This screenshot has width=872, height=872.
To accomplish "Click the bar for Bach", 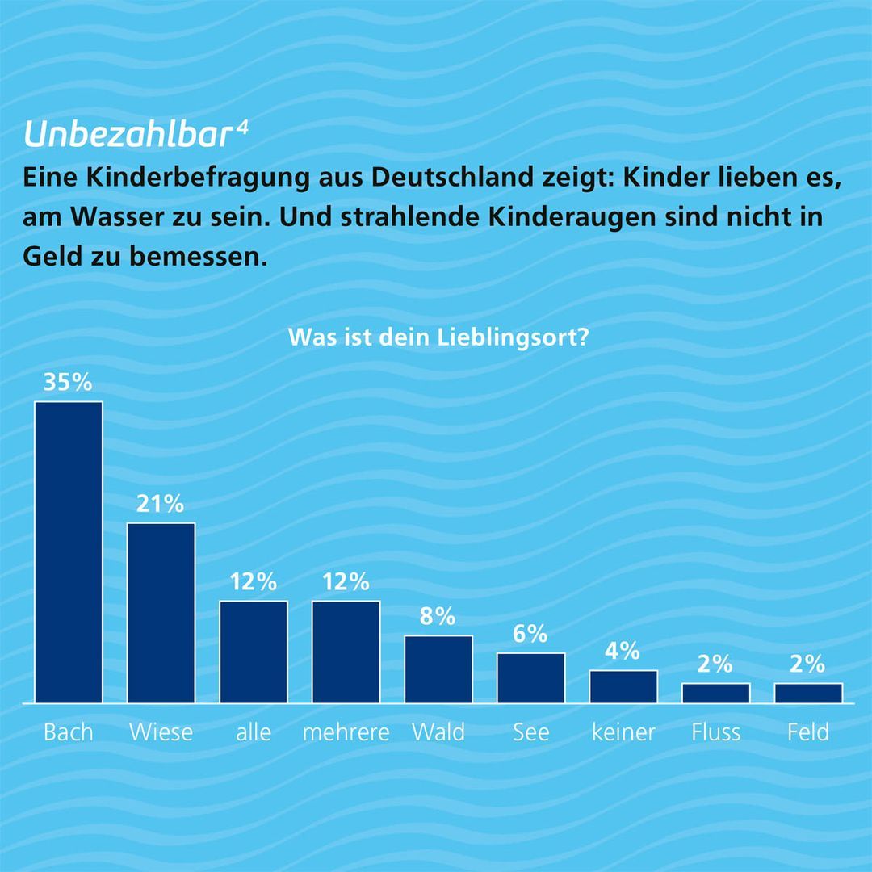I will point(68,552).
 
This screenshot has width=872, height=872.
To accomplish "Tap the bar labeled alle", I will point(254,652).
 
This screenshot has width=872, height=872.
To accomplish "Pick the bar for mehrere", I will point(346,652).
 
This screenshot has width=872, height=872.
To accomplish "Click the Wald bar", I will point(438,669).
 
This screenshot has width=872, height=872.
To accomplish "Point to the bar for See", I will point(530,678).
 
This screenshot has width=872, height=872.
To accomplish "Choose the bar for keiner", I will point(623,687).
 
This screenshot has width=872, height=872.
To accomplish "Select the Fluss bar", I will point(715,694).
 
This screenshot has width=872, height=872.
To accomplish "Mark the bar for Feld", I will point(808,694).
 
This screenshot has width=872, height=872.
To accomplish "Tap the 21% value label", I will point(161,505).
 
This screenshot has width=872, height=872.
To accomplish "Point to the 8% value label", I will point(438,618).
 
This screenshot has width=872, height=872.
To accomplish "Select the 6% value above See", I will point(530,635).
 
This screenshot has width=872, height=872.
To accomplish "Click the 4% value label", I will point(623,651).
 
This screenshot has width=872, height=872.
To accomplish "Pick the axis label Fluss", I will point(715,732).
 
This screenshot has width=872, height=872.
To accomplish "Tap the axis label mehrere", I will point(346,732).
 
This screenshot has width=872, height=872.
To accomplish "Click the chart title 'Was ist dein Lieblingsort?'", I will point(437,337).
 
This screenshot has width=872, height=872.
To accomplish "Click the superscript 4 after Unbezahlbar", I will point(242,128).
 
